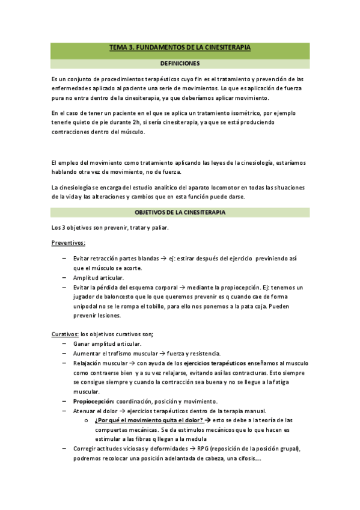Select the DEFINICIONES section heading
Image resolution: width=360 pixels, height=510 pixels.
coord(180,63)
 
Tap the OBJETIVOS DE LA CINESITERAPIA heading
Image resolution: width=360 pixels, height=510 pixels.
coord(180,212)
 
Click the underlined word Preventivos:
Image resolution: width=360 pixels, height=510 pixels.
coord(69,242)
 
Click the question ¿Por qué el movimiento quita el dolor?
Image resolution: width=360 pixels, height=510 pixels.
coord(148,420)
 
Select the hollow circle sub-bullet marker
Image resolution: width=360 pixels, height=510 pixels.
coord(87,420)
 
